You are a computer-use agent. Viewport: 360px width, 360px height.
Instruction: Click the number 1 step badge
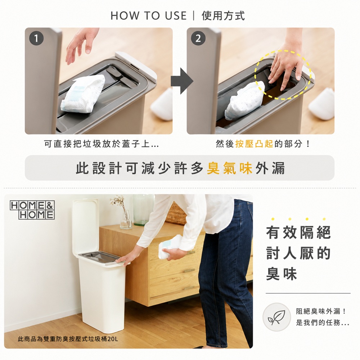tap(36, 39)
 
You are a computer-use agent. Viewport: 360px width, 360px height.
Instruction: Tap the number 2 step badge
tap(198, 39)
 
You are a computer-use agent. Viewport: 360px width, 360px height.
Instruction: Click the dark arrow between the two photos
tap(182, 81)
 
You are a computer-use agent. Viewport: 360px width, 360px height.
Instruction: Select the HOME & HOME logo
tap(32, 210)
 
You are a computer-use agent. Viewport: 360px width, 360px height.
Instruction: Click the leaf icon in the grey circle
tap(276, 317)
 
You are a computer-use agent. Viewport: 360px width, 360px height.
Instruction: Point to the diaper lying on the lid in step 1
tap(83, 94)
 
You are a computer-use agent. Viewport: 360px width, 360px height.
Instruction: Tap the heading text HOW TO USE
tap(148, 16)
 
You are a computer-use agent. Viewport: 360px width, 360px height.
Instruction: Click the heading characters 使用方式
tap(223, 16)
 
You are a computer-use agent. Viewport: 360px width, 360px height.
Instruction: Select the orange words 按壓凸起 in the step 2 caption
tap(254, 144)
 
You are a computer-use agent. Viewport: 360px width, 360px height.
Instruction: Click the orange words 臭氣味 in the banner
tap(230, 168)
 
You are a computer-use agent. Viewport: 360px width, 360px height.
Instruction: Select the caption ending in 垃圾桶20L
tap(68, 339)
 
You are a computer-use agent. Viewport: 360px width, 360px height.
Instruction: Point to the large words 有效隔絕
tap(298, 232)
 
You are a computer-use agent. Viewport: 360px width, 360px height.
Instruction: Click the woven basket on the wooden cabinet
tap(176, 213)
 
